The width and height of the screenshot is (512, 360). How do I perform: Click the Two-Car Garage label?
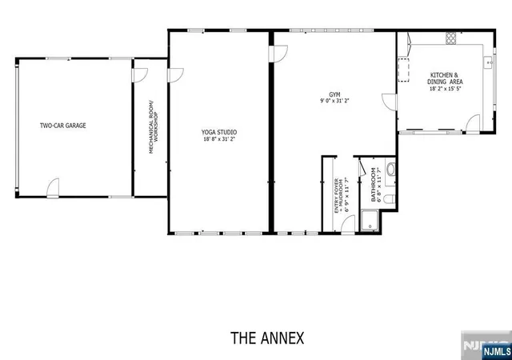[63, 126]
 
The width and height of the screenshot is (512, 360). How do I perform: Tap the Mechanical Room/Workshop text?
[153, 126]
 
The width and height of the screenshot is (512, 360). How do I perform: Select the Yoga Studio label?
[218, 132]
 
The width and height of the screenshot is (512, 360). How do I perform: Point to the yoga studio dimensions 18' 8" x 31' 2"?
[218, 139]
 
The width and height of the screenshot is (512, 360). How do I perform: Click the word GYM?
[334, 94]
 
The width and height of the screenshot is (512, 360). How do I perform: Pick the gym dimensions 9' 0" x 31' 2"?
[334, 101]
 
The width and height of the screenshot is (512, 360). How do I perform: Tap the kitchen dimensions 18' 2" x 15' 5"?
[445, 89]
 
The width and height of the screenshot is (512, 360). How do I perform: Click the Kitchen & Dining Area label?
[445, 78]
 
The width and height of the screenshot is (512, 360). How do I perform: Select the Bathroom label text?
[374, 185]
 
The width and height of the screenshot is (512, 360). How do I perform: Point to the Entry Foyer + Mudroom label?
[339, 196]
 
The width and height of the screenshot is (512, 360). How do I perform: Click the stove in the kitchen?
[450, 38]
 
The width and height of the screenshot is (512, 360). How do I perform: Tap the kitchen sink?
[488, 62]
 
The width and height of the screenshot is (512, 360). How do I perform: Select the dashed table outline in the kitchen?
[403, 70]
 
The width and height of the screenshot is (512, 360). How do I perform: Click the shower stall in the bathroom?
[370, 221]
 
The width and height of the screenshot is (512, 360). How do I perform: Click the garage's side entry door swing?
[53, 188]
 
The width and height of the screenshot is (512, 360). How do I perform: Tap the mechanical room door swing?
[141, 75]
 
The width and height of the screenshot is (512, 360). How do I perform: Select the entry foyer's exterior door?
[348, 224]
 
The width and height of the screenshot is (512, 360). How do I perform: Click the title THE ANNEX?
[267, 338]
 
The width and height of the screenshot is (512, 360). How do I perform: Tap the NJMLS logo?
[497, 351]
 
